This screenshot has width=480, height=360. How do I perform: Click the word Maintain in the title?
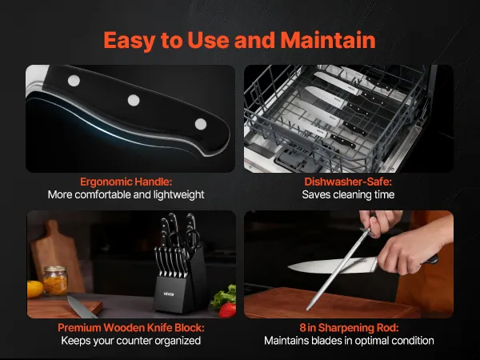[x=328, y=40]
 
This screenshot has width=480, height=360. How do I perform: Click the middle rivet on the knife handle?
[x=134, y=100]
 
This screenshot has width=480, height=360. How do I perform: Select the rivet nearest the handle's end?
[x=201, y=124]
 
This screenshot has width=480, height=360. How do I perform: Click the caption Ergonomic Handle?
[x=126, y=182]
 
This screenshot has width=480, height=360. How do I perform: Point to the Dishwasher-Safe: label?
[x=348, y=182]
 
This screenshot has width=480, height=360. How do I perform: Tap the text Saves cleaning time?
[x=348, y=194]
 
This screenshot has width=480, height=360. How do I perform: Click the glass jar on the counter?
[x=55, y=281]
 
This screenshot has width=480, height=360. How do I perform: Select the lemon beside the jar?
[x=34, y=289]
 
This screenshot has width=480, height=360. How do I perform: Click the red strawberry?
[x=228, y=310]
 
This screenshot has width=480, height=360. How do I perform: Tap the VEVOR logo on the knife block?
[x=169, y=294]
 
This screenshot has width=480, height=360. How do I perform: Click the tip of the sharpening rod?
[x=308, y=309]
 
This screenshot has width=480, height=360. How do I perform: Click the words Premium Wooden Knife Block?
[x=131, y=328]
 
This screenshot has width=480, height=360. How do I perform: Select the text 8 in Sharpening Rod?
[x=349, y=328]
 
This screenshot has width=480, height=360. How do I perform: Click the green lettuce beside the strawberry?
[x=223, y=295]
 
